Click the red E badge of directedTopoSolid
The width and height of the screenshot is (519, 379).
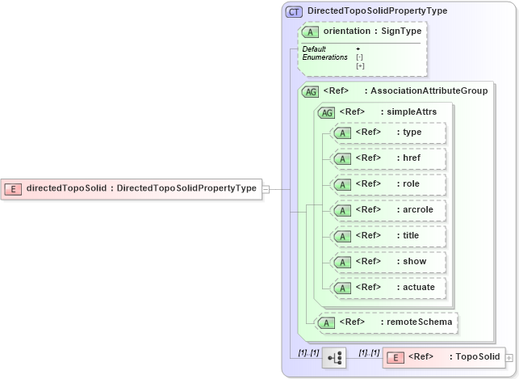point(13,188)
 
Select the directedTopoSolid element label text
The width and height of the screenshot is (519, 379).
point(141,188)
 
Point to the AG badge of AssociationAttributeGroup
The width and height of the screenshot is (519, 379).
point(310,91)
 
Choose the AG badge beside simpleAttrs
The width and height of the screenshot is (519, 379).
point(328,112)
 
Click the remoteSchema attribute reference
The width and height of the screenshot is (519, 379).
point(387,322)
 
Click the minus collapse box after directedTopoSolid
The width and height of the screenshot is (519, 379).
point(266,189)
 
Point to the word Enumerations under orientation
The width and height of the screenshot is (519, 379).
point(324,57)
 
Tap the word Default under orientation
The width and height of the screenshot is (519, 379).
point(314,49)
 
